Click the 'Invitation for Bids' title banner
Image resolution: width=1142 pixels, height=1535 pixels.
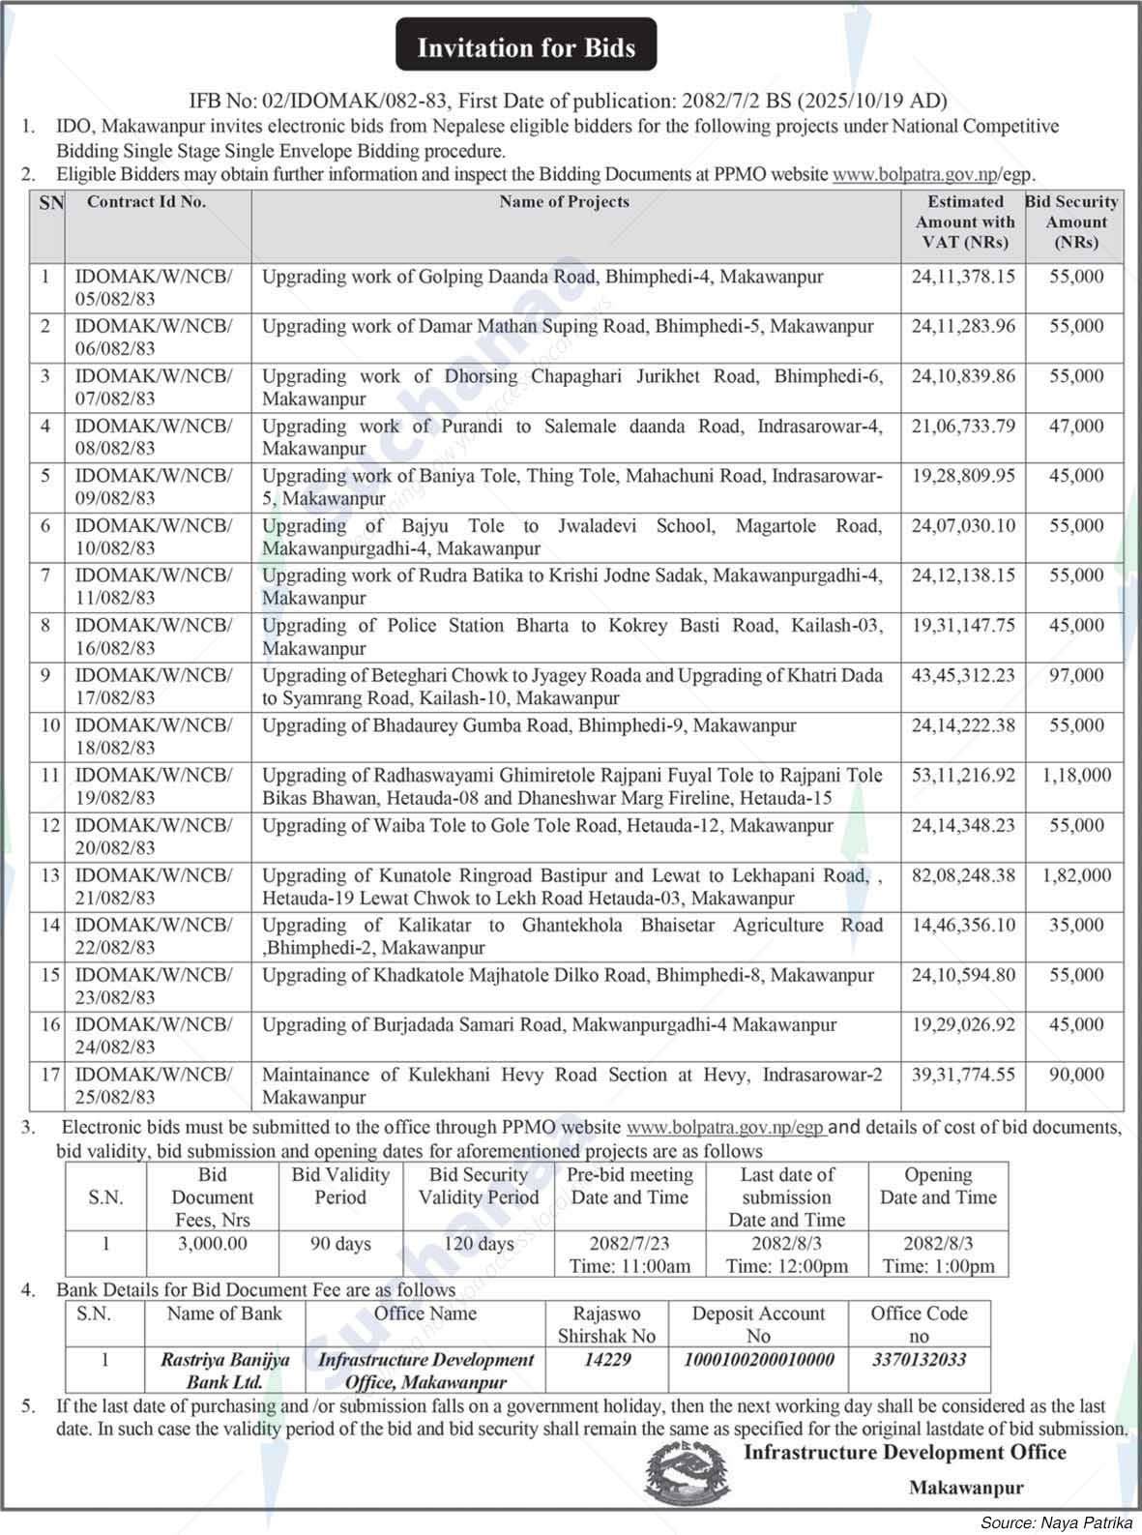tap(526, 46)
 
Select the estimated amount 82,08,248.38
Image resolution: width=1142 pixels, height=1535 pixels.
tap(963, 875)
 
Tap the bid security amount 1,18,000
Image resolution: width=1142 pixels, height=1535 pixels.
tap(1075, 776)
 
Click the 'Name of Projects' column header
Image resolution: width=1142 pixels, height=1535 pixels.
tap(564, 202)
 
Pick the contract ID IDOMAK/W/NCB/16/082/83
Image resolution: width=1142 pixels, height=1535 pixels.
tap(153, 636)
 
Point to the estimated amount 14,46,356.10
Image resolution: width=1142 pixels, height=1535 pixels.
tap(963, 926)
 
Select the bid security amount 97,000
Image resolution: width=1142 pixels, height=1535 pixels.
tap(1075, 675)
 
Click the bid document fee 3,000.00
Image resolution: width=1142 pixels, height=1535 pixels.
tap(212, 1244)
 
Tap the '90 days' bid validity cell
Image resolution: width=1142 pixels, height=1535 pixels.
tap(340, 1244)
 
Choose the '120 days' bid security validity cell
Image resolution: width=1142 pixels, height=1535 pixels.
tap(479, 1244)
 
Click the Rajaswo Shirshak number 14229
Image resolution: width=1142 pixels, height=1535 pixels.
tap(606, 1359)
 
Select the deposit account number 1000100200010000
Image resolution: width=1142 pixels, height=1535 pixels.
tap(758, 1359)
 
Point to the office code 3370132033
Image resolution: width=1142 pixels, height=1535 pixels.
tap(918, 1359)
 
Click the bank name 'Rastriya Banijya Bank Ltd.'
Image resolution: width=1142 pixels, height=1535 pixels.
tap(224, 1371)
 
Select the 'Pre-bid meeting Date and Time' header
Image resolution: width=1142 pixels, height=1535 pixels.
tap(630, 1186)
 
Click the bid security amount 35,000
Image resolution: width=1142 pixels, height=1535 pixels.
tap(1075, 926)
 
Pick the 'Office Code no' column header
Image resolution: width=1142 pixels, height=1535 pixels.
tap(918, 1324)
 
